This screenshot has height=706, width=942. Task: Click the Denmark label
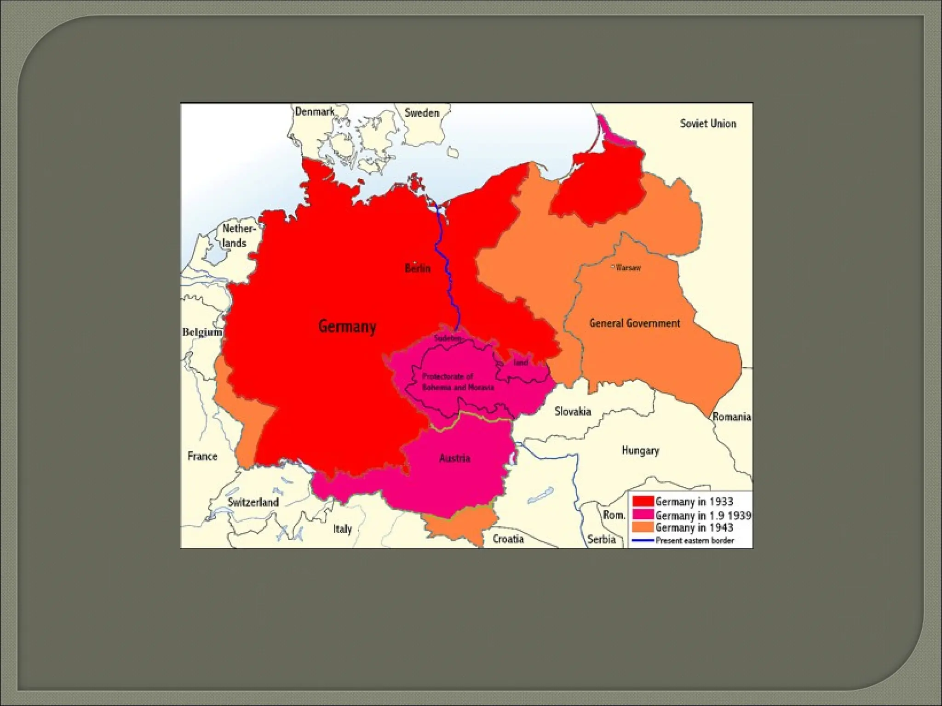point(315,112)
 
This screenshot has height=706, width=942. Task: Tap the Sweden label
point(422,113)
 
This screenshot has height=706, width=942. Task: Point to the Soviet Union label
point(708,124)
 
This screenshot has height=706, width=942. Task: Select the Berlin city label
point(418,268)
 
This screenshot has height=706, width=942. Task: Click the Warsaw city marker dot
point(613,267)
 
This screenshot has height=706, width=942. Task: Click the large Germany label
point(347,327)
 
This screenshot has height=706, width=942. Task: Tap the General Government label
point(634,323)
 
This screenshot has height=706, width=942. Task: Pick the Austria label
point(454,458)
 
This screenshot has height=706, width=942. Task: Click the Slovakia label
point(572,411)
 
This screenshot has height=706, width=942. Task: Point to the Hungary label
point(640,450)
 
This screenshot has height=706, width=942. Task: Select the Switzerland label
point(253,502)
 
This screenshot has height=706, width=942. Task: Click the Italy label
point(342,529)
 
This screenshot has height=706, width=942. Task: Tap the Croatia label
point(508,539)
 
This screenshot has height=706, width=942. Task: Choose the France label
point(202,456)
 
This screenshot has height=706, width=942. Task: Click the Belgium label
point(202,332)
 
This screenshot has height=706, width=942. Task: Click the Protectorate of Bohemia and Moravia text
point(458,382)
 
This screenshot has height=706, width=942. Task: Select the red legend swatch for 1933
point(643,501)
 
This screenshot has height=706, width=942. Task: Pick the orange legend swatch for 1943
point(643,527)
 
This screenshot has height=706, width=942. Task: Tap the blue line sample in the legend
point(643,541)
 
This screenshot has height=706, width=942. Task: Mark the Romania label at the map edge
point(731,417)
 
